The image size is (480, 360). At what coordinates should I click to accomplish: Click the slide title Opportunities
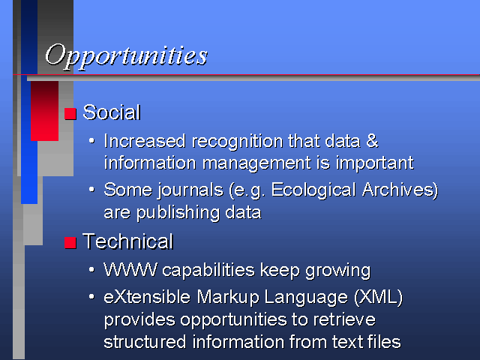pyautogui.click(x=126, y=56)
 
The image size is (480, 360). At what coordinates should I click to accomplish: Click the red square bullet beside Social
pyautogui.click(x=70, y=113)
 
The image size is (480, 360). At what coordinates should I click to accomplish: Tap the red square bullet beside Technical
pyautogui.click(x=70, y=243)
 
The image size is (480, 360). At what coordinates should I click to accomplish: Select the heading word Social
pyautogui.click(x=112, y=112)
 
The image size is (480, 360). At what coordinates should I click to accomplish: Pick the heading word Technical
pyautogui.click(x=128, y=241)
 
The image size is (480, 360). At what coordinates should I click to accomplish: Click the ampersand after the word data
pyautogui.click(x=372, y=141)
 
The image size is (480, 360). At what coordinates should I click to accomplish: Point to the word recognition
pyautogui.click(x=238, y=142)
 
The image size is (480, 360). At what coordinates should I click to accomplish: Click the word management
pyautogui.click(x=256, y=163)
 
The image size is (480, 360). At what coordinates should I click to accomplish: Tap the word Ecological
pyautogui.click(x=313, y=190)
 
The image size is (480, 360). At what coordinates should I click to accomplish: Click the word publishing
pyautogui.click(x=178, y=213)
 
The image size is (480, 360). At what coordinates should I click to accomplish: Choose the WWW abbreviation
pyautogui.click(x=130, y=270)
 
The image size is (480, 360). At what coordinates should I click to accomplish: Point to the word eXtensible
pyautogui.click(x=147, y=297)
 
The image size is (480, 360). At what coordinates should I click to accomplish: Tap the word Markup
pyautogui.click(x=228, y=298)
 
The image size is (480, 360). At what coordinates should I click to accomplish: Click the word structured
pyautogui.click(x=145, y=342)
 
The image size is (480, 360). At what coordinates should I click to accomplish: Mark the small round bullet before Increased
pyautogui.click(x=91, y=141)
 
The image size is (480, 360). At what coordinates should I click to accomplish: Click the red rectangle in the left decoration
pyautogui.click(x=45, y=111)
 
